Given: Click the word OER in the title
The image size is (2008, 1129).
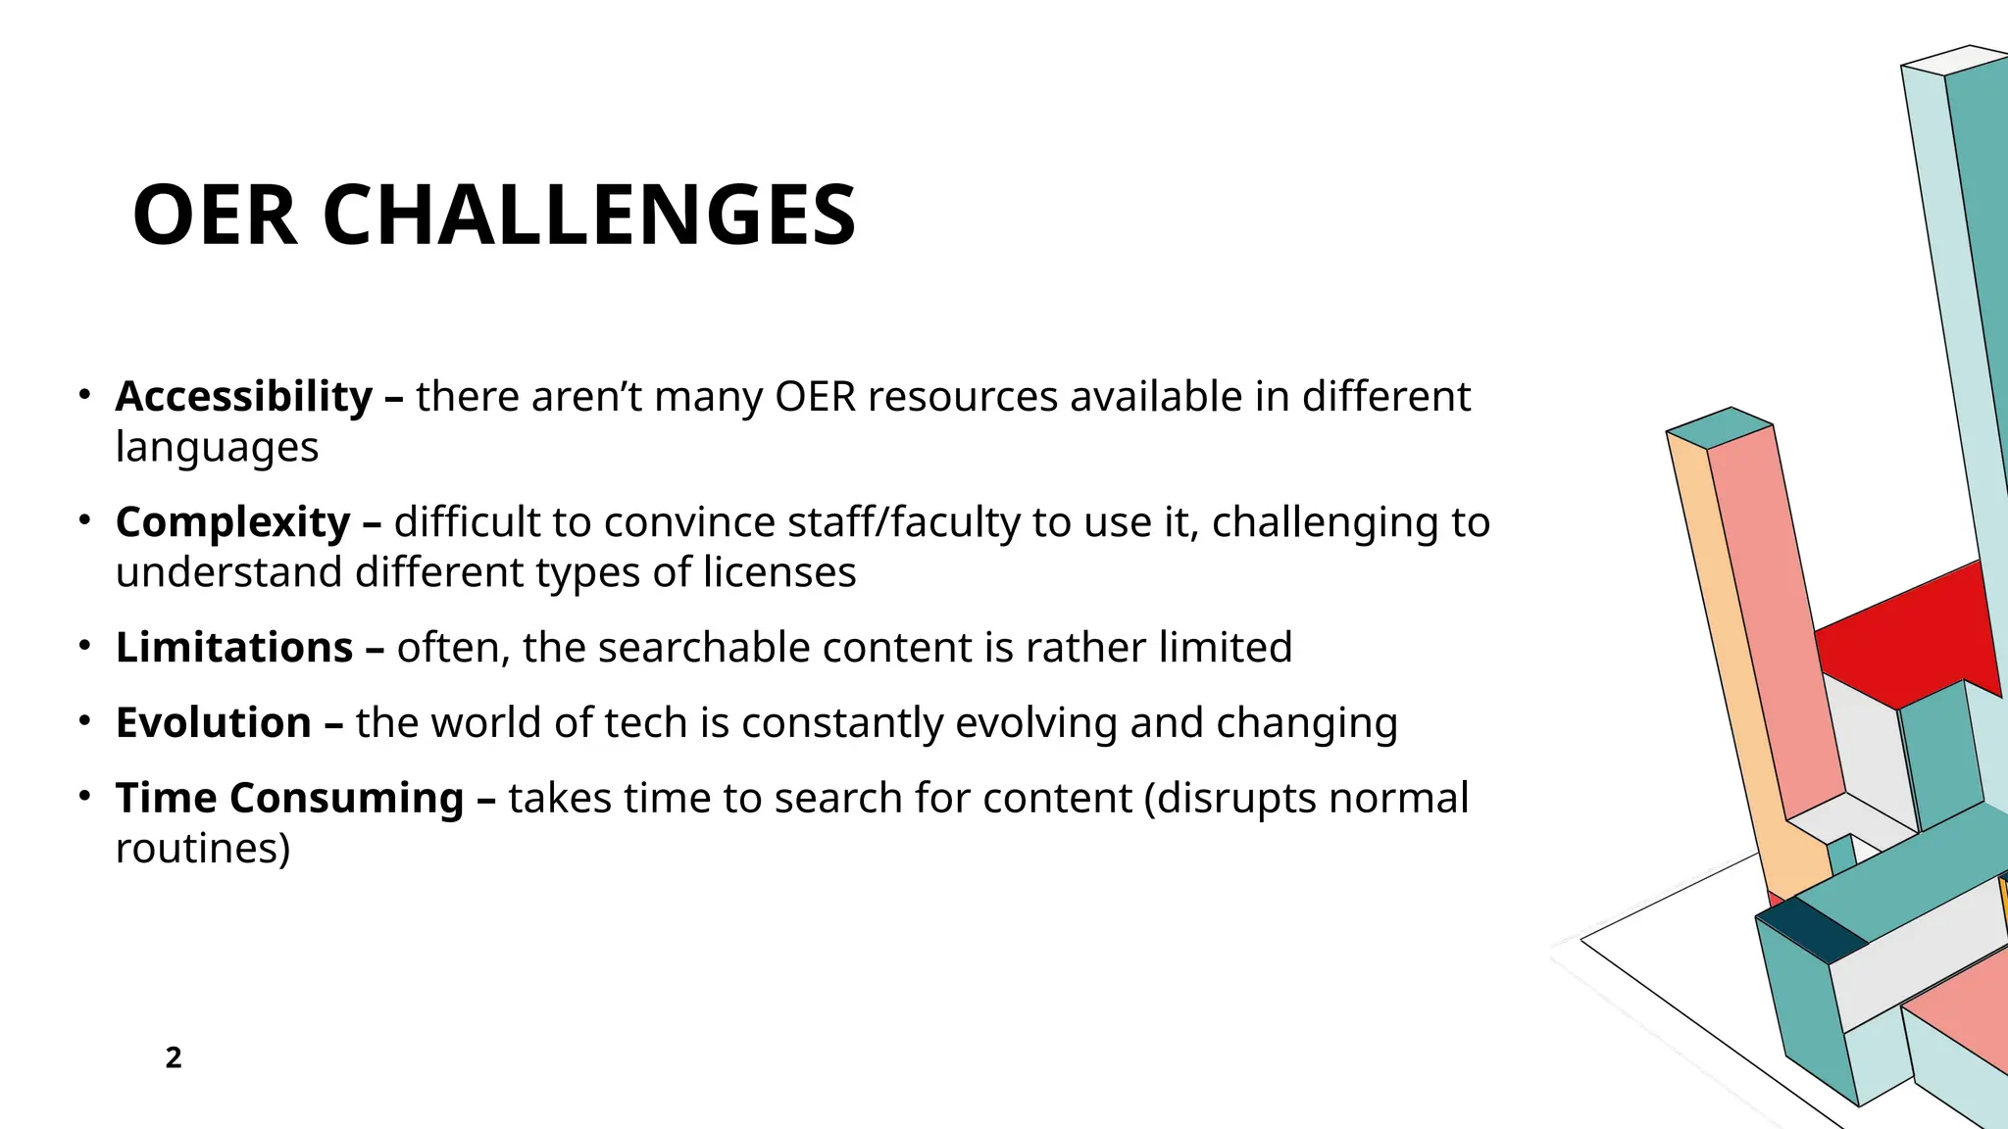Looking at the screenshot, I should coord(215,216).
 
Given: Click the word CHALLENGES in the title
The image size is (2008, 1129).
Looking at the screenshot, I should coord(589,216).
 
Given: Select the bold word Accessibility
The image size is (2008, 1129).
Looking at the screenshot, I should coord(244,397).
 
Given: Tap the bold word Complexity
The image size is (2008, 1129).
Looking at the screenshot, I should coord(233,522).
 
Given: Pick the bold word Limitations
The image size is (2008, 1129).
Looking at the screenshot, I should coord(234,648).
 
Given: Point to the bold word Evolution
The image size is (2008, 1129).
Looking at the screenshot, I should coord(214,723).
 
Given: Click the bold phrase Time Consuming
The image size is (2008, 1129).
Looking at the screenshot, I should coord(289,798).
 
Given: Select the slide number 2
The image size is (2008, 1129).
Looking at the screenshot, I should coord(174,1057).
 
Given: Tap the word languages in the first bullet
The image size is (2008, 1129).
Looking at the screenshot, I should coord(217,448).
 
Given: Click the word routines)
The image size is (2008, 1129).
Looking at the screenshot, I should coord(203,849).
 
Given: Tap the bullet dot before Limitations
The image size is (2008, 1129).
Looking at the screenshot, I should coord(85,646).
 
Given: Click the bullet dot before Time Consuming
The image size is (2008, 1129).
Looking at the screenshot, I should coord(85,796).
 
